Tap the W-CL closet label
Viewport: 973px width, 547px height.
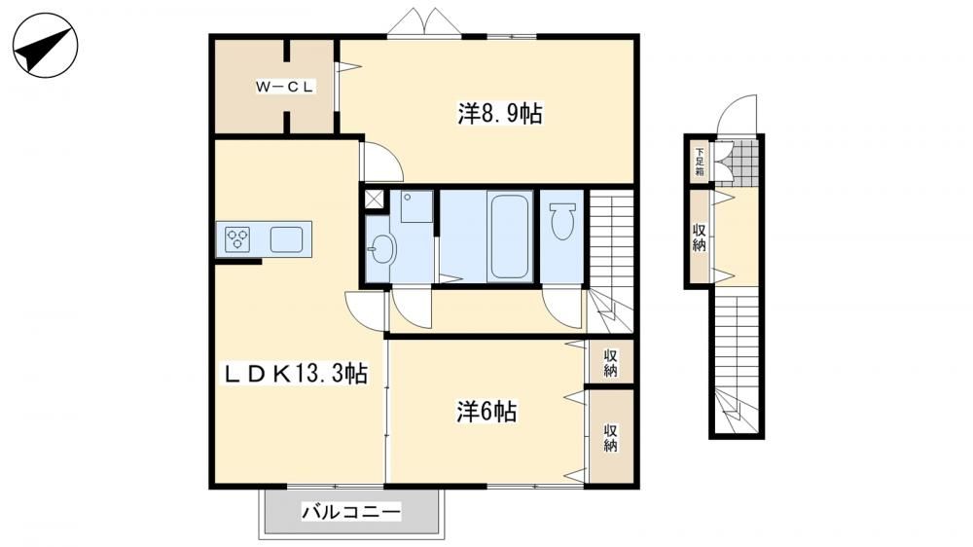coord(285,87)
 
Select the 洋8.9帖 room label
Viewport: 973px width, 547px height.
coord(501,114)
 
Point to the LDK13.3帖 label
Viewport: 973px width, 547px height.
coord(296,373)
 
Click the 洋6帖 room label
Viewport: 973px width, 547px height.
coord(486,412)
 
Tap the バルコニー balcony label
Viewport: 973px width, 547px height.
coord(351,512)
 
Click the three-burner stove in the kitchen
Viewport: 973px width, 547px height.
coord(237,239)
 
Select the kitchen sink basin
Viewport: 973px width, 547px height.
coord(286,239)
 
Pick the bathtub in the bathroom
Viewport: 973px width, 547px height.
coord(509,236)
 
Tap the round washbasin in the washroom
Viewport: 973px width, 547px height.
coord(381,249)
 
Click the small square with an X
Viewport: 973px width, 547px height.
coord(375,200)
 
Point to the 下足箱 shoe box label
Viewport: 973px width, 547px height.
coord(700,162)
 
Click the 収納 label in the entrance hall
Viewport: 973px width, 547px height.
coord(700,237)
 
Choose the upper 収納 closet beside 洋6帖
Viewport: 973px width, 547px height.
coord(611,362)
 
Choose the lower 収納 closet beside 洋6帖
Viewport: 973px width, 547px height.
coord(611,436)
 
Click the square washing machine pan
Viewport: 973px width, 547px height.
coord(416,206)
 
